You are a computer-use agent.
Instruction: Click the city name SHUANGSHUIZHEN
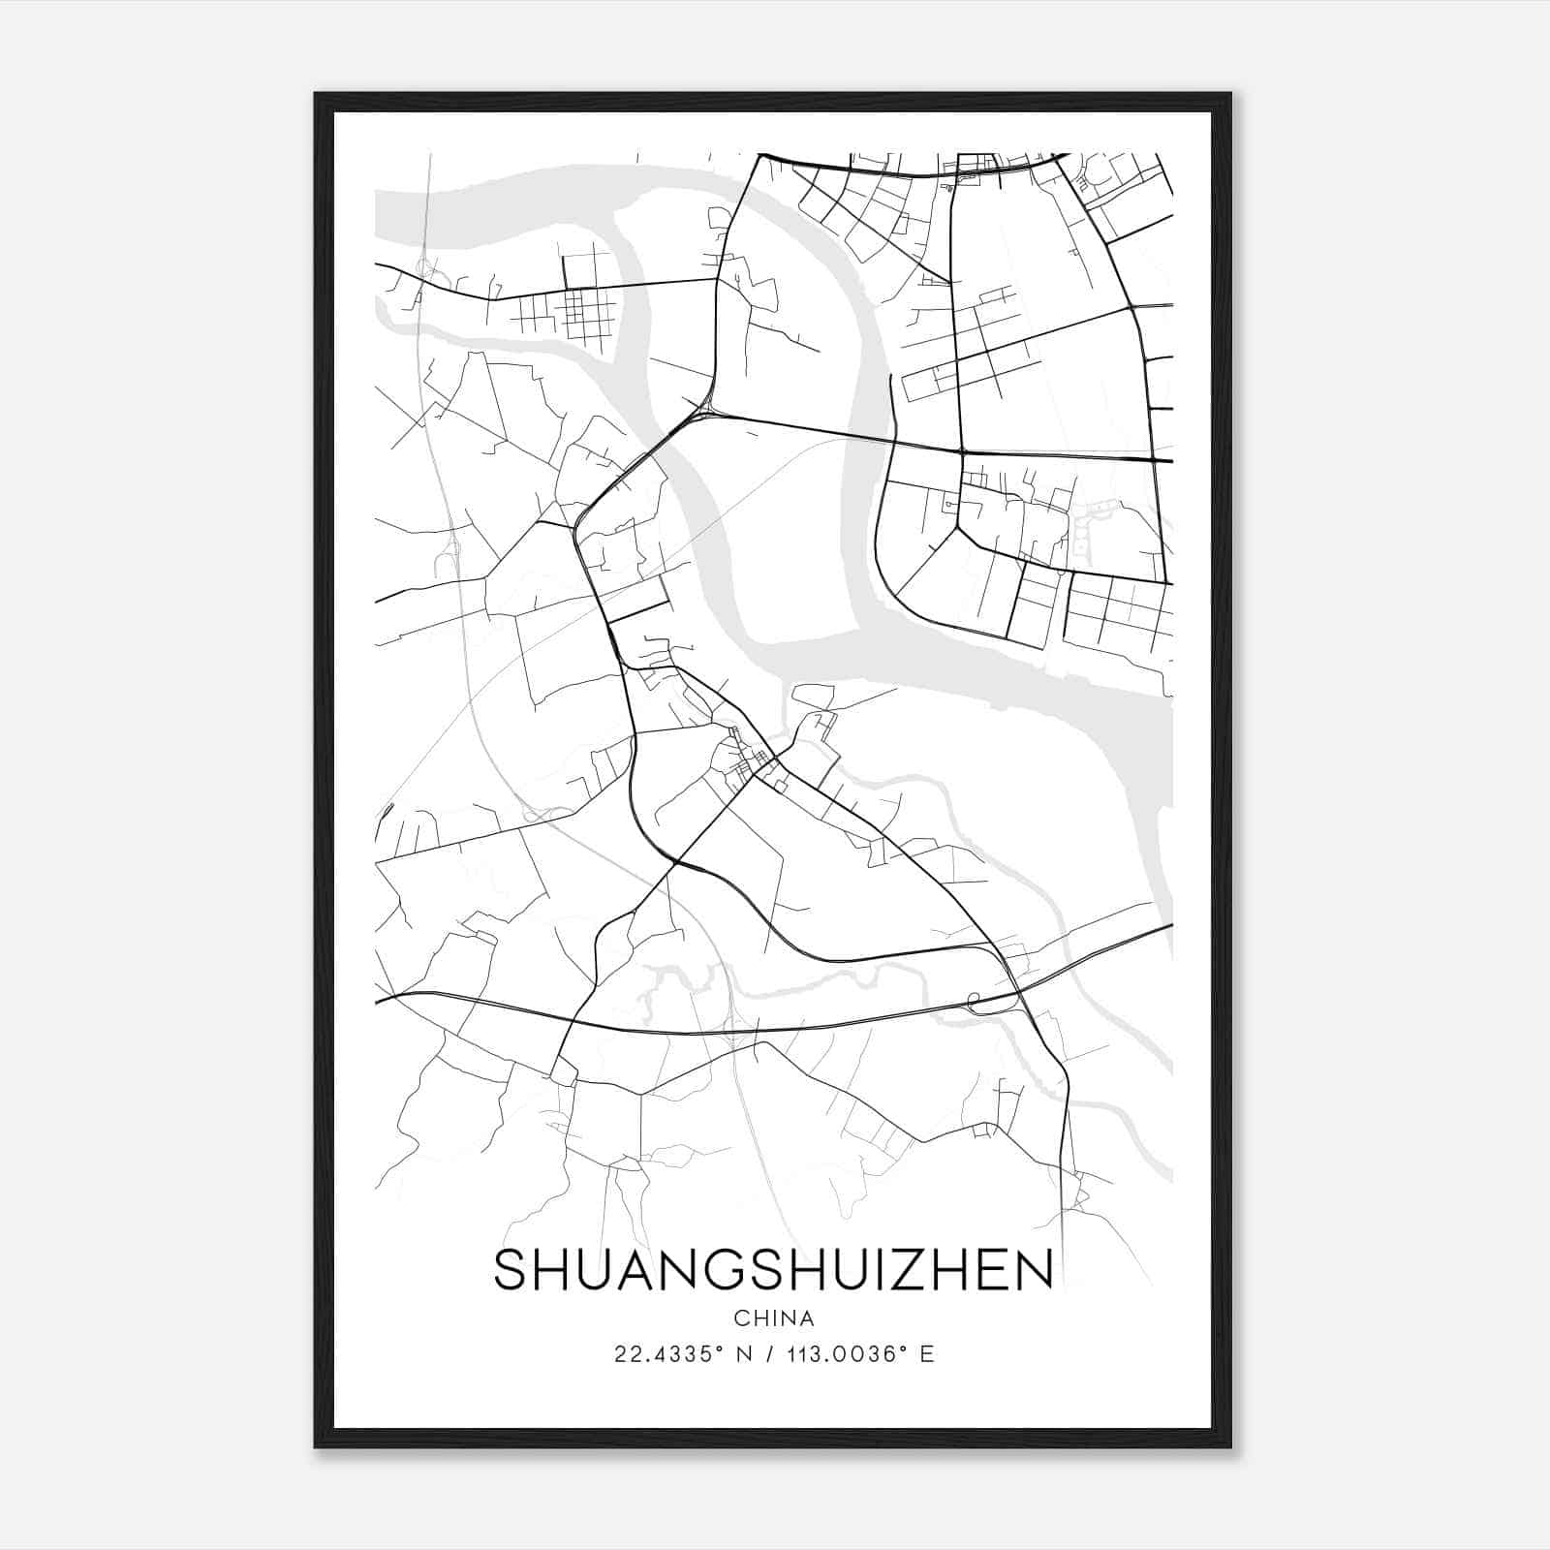[x=773, y=1270]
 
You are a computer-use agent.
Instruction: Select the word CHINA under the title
[x=774, y=1318]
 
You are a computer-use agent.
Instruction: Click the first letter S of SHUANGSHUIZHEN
[x=511, y=1270]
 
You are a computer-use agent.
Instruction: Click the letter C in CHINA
[x=741, y=1318]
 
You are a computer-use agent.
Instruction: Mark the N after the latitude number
[x=744, y=1354]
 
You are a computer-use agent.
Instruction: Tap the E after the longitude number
[x=927, y=1354]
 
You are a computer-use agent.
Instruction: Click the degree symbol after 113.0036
[x=905, y=1348]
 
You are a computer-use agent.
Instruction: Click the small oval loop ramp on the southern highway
[x=975, y=999]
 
